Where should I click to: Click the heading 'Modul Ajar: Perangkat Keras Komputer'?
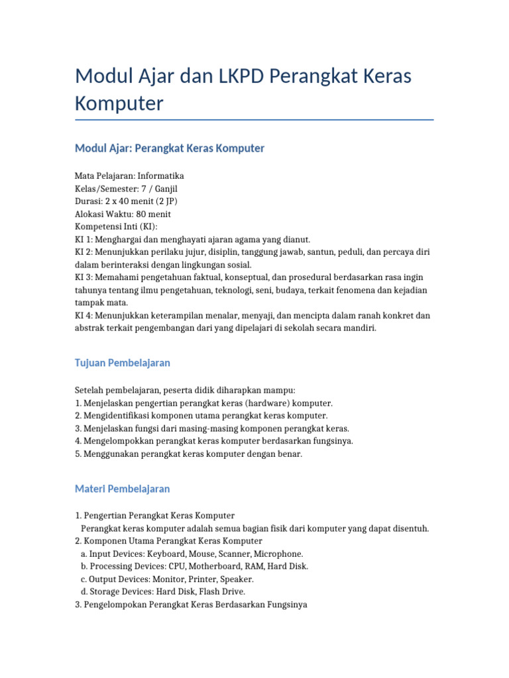coord(170,148)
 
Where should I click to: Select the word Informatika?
coord(160,176)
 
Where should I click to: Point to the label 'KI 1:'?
coord(84,239)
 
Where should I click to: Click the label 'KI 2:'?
coord(84,252)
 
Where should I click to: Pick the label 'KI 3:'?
coord(84,277)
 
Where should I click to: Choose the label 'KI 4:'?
coord(84,315)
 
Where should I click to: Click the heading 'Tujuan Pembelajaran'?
coord(123,363)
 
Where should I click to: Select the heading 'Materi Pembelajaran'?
coord(123,489)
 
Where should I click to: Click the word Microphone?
coord(281,554)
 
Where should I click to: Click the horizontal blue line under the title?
coord(254,120)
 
